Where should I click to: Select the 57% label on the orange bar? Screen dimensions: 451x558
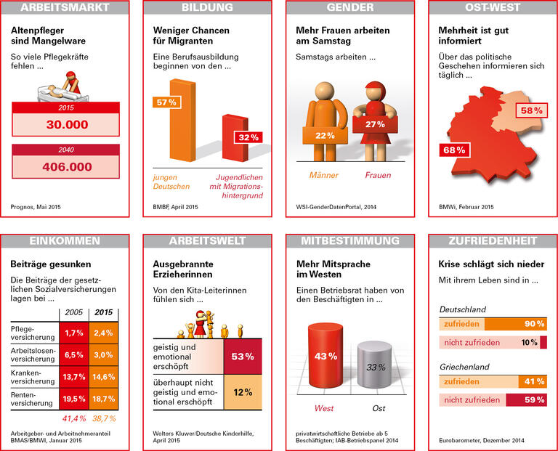pyautogui.click(x=167, y=102)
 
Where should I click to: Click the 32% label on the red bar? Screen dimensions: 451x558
pyautogui.click(x=248, y=137)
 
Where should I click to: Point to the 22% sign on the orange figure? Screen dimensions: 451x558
pyautogui.click(x=324, y=135)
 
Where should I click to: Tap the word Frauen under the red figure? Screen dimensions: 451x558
pyautogui.click(x=378, y=175)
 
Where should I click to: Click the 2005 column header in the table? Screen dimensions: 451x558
pyautogui.click(x=73, y=312)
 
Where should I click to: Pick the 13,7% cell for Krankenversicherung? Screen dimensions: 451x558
pyautogui.click(x=73, y=377)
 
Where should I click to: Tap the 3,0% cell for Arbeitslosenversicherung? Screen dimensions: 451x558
pyautogui.click(x=103, y=355)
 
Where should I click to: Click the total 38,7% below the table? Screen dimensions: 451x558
pyautogui.click(x=102, y=418)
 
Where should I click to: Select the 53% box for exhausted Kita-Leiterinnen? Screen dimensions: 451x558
pyautogui.click(x=242, y=357)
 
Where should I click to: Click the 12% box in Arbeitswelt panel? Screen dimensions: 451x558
pyautogui.click(x=242, y=392)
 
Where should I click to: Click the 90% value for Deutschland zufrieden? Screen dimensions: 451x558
pyautogui.click(x=534, y=324)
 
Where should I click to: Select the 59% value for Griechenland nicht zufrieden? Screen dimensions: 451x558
pyautogui.click(x=534, y=399)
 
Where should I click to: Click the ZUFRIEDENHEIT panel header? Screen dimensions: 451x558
pyautogui.click(x=493, y=240)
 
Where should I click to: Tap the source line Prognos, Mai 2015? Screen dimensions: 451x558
pyautogui.click(x=36, y=207)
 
